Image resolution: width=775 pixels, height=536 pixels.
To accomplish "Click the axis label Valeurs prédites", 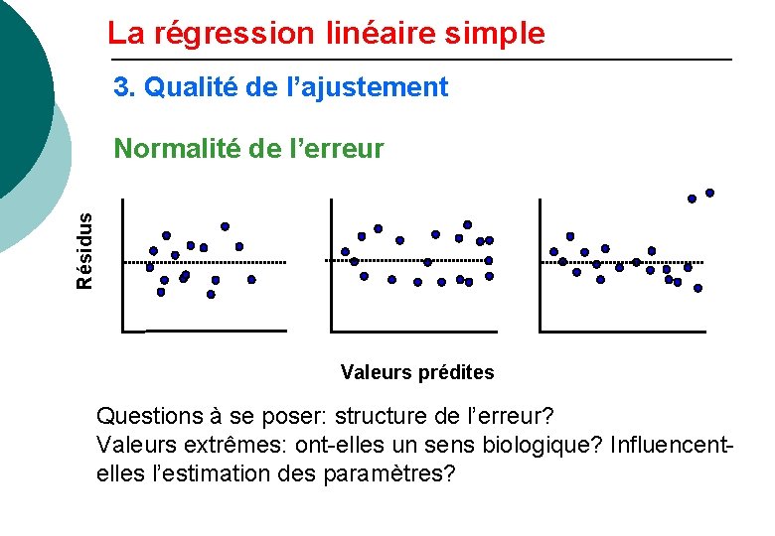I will (x=416, y=373).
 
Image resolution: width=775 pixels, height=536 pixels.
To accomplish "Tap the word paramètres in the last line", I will (x=388, y=473).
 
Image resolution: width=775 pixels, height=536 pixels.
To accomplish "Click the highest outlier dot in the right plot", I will (x=709, y=193).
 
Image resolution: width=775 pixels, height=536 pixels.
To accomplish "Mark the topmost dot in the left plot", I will (x=225, y=226).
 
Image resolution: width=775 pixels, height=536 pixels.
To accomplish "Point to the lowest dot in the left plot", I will (x=211, y=294).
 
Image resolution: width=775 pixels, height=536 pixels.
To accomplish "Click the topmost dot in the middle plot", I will (x=467, y=224).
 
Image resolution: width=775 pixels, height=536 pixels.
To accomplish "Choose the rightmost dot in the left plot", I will (x=251, y=280).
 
